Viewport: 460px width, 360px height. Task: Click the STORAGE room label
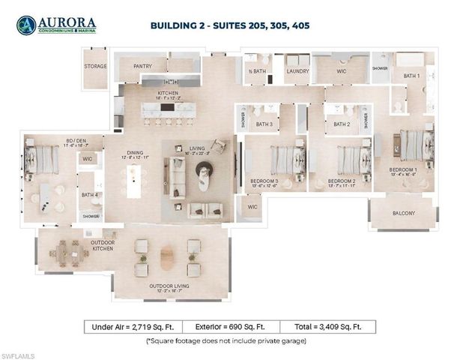(x=95, y=66)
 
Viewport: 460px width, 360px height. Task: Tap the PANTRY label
(x=142, y=66)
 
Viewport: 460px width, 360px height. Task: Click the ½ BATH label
(x=258, y=71)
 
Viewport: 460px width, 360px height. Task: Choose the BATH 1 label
(x=411, y=76)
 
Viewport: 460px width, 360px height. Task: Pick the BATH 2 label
(x=342, y=124)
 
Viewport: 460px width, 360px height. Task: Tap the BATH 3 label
(x=264, y=124)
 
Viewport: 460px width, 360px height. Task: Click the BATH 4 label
(x=89, y=195)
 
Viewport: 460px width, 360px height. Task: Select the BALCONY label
(x=404, y=213)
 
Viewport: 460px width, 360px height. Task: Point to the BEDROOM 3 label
(x=264, y=181)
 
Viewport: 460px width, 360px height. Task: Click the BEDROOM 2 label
(x=341, y=181)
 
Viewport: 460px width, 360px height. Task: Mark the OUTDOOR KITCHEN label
(x=102, y=245)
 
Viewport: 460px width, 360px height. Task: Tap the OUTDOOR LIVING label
(x=169, y=286)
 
